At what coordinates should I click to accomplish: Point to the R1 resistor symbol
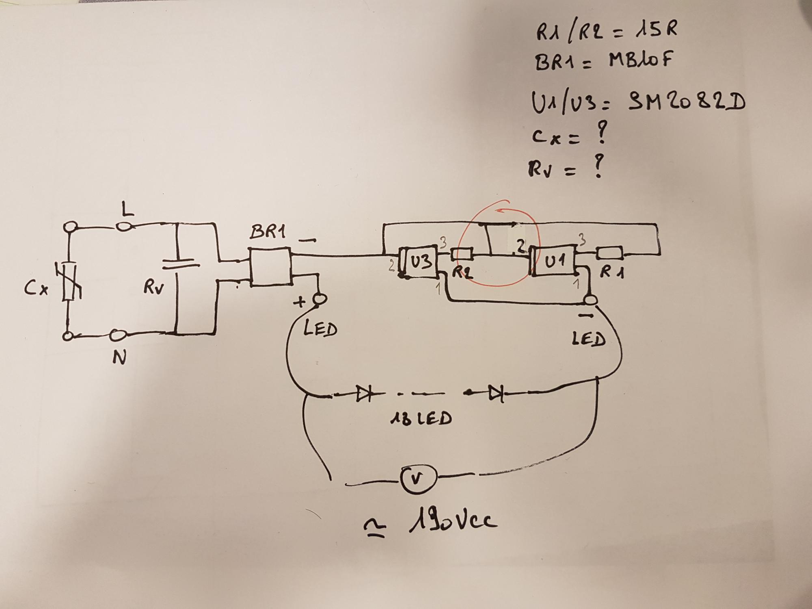pos(610,254)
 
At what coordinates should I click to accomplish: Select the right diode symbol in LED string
pos(496,393)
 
